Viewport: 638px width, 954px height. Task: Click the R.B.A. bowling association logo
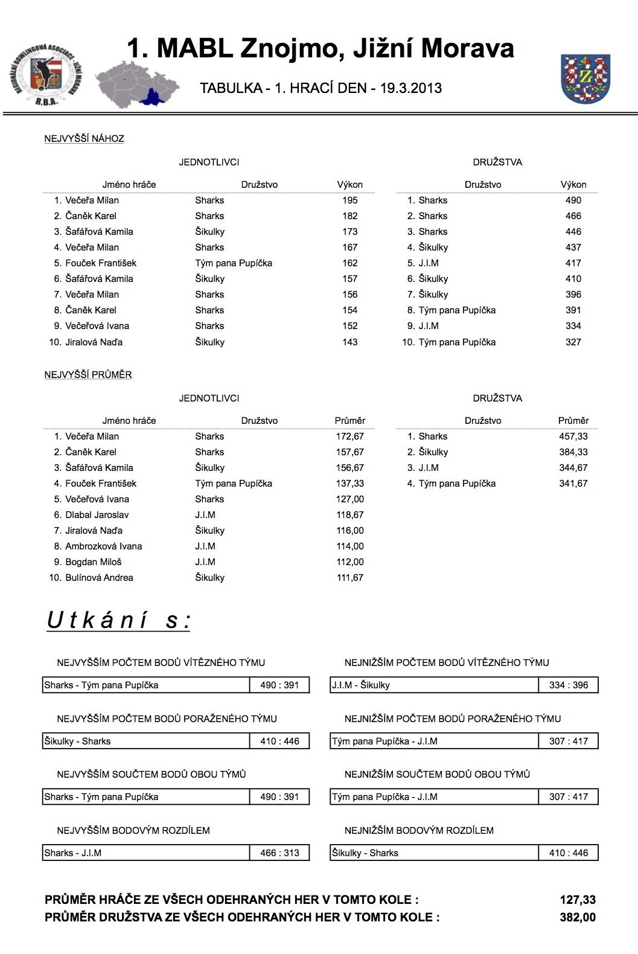click(46, 76)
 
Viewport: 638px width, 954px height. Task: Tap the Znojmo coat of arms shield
click(585, 78)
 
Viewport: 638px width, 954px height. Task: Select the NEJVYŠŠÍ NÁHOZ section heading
click(84, 138)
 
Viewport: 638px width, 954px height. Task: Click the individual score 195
click(349, 200)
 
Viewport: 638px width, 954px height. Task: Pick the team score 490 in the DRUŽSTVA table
click(573, 200)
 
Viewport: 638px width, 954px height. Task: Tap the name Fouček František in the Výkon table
click(101, 263)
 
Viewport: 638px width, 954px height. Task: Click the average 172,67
click(349, 437)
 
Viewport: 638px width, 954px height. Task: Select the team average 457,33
click(573, 437)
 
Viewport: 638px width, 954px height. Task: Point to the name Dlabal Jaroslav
click(97, 515)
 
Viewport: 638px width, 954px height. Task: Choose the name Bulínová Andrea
click(99, 578)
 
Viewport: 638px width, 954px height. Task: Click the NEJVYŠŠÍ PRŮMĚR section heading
click(88, 374)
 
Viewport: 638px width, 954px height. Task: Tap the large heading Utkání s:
click(118, 620)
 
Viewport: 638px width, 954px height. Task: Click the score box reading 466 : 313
click(279, 853)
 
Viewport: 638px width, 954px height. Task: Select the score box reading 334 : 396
click(568, 685)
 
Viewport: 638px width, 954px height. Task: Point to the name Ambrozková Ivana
click(103, 546)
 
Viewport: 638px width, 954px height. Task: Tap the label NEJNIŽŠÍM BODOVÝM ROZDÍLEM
click(419, 831)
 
